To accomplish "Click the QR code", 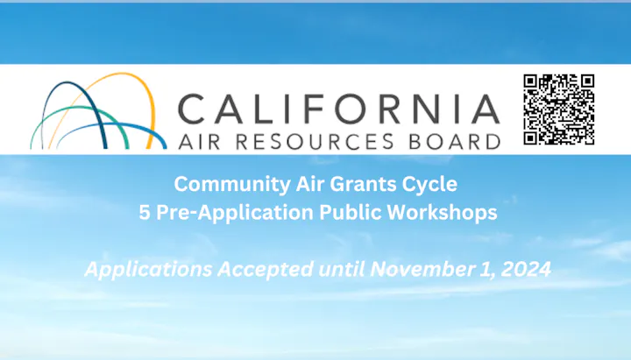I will [x=559, y=109].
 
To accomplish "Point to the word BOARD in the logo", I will [x=454, y=140].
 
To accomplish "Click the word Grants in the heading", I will [x=356, y=185].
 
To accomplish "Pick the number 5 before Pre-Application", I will [x=145, y=213].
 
